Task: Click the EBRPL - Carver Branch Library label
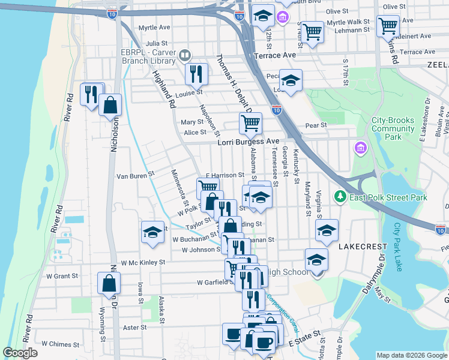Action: tap(150, 56)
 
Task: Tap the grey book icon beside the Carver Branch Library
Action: tap(186, 56)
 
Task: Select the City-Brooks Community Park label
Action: tap(393, 128)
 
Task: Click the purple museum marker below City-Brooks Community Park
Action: tap(361, 147)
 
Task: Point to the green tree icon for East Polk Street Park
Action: tap(340, 197)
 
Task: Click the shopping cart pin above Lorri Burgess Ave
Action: tap(250, 123)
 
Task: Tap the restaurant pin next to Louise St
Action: tap(196, 74)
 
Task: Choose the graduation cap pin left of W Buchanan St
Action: tap(152, 232)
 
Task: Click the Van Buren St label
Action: tap(135, 175)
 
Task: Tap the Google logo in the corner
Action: tap(20, 353)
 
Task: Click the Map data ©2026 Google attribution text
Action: tap(411, 355)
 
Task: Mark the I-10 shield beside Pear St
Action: tap(276, 110)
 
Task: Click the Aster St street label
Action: tap(134, 328)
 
